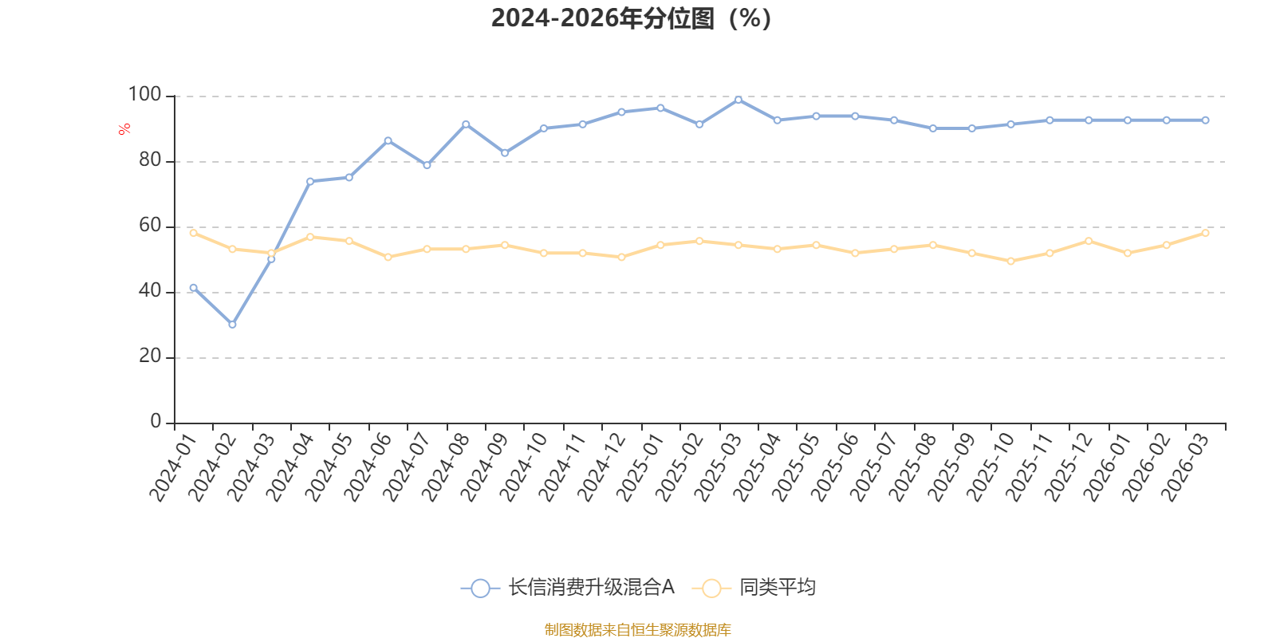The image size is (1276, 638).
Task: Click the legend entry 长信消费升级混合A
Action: click(x=568, y=587)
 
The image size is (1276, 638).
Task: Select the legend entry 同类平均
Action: click(x=754, y=587)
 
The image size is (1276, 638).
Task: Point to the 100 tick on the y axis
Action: click(x=144, y=95)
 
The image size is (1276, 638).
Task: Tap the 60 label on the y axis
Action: click(x=151, y=226)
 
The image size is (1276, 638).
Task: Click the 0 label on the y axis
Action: click(x=156, y=422)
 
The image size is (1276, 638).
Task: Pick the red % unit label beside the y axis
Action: click(x=124, y=129)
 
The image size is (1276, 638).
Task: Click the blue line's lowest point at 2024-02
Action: click(x=232, y=325)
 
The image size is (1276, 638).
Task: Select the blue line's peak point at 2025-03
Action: click(x=738, y=100)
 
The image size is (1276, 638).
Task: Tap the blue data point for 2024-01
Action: click(x=194, y=288)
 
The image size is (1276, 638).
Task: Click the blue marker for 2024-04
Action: click(x=310, y=182)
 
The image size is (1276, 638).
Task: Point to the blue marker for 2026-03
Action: click(x=1205, y=120)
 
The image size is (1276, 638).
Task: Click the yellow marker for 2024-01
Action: click(x=194, y=233)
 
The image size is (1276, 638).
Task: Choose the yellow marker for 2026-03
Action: click(x=1205, y=233)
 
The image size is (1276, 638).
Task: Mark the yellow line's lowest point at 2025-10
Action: click(x=1011, y=262)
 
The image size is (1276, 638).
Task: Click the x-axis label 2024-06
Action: click(x=368, y=467)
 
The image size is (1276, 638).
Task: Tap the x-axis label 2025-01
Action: click(x=641, y=467)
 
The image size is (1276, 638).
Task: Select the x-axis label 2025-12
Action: click(x=1069, y=467)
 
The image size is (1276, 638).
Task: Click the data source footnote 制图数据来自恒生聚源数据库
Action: click(x=637, y=629)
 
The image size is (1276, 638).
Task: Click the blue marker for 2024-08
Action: click(x=466, y=124)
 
